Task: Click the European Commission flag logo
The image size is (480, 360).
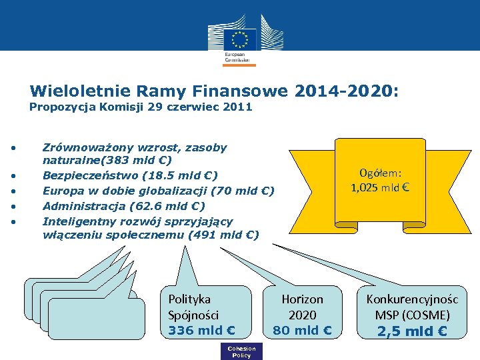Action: pos(239,38)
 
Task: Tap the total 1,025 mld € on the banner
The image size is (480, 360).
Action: pos(379,187)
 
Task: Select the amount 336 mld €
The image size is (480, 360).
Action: pos(201,329)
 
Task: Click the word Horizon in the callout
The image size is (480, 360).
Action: pos(302,300)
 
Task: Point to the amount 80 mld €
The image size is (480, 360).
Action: pos(302,329)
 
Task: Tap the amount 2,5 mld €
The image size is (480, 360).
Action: pos(412,331)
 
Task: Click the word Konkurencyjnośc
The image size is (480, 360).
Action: pos(412,300)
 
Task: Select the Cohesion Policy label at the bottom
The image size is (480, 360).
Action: pos(241,352)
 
